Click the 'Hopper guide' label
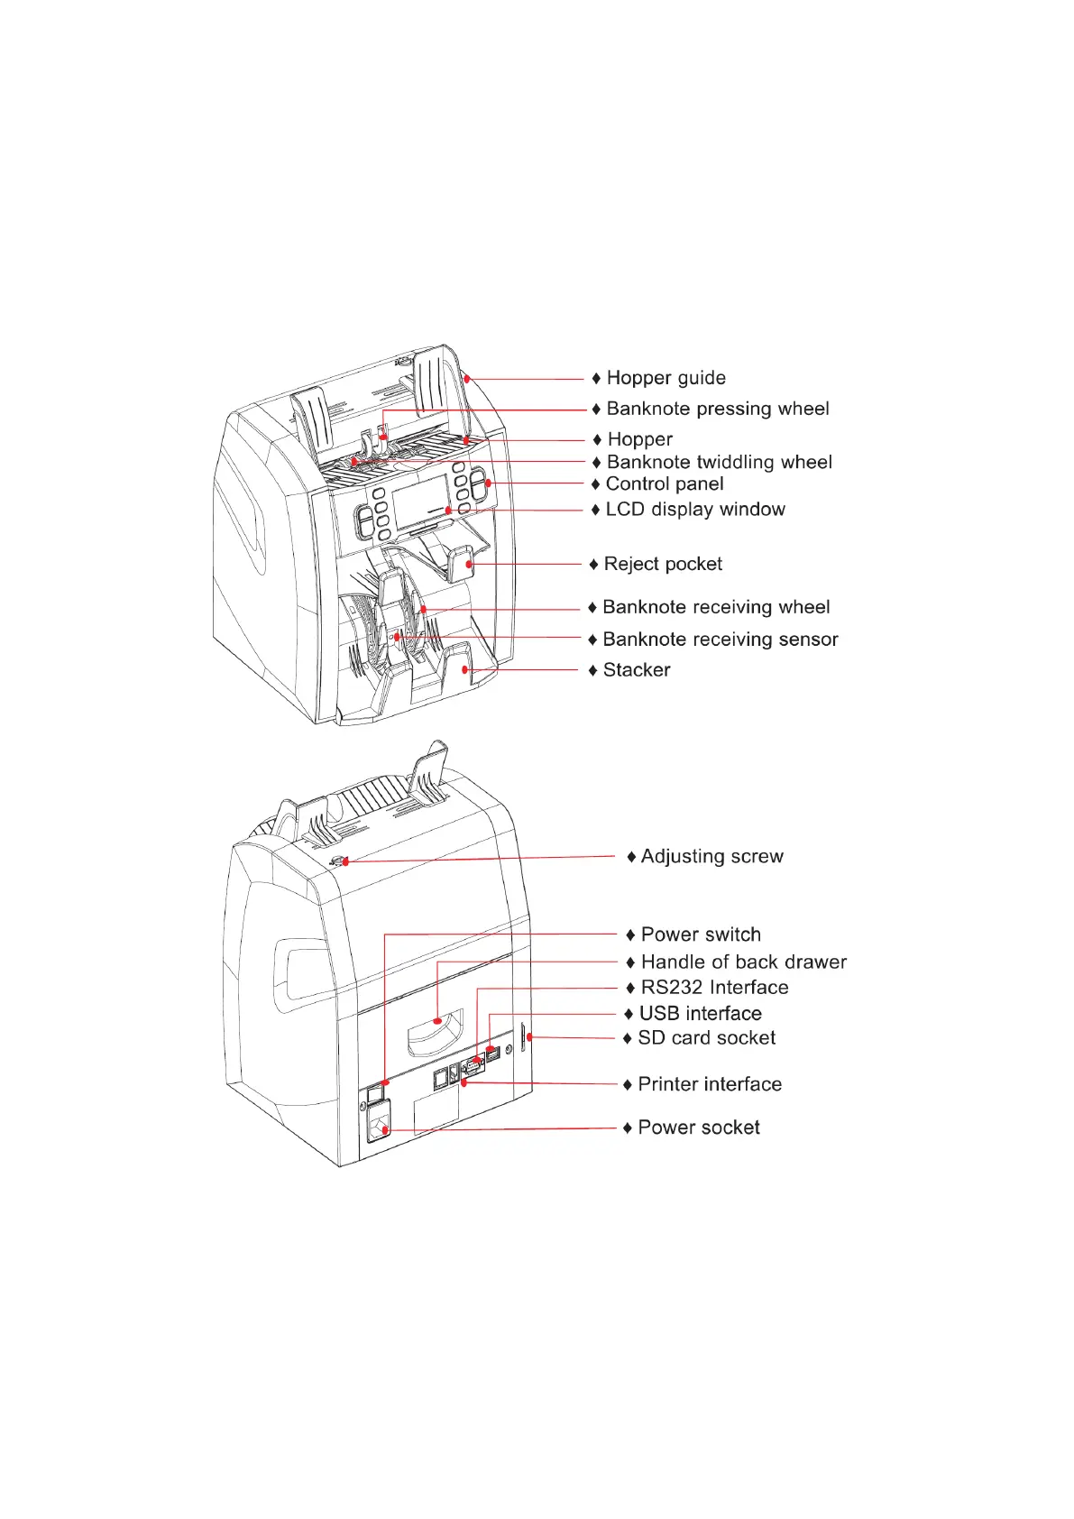pos(666,378)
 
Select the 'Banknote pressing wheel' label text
pos(717,409)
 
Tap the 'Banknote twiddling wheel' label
pos(719,462)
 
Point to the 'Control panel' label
pos(664,484)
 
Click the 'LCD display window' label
pos(694,510)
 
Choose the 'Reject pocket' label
pos(663,564)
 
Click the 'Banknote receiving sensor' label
pos(720,640)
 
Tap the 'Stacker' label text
pos(636,670)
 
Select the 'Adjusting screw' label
pos(711,856)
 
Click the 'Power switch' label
pos(700,934)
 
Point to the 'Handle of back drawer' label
pos(743,962)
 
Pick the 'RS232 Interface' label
pos(714,988)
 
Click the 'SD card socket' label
pos(706,1038)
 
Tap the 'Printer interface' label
pos(709,1084)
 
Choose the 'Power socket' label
pos(698,1128)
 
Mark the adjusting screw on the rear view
pos(339,861)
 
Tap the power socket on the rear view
pos(381,1128)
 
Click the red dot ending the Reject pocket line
pos(470,564)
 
